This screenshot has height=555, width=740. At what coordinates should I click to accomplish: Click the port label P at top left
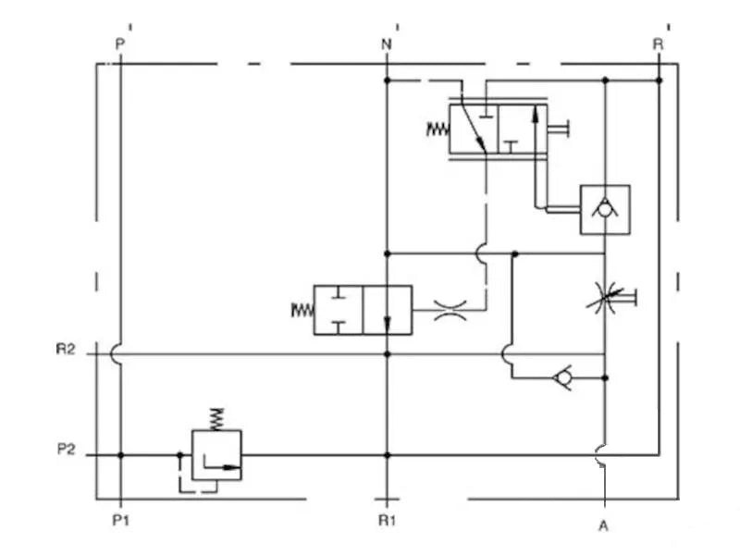pos(118,43)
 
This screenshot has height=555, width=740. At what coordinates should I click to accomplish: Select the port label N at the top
pos(386,43)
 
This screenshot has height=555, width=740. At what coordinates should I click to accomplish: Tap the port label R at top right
pos(658,43)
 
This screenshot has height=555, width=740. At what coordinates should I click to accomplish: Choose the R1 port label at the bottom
pos(387,521)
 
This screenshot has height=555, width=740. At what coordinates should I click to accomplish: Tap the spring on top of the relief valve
pos(216,417)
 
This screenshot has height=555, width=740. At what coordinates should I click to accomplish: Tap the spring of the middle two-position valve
pos(302,310)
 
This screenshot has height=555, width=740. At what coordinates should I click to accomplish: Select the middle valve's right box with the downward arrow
pos(387,310)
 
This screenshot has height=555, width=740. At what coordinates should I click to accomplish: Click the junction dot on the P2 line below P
pos(120,455)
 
